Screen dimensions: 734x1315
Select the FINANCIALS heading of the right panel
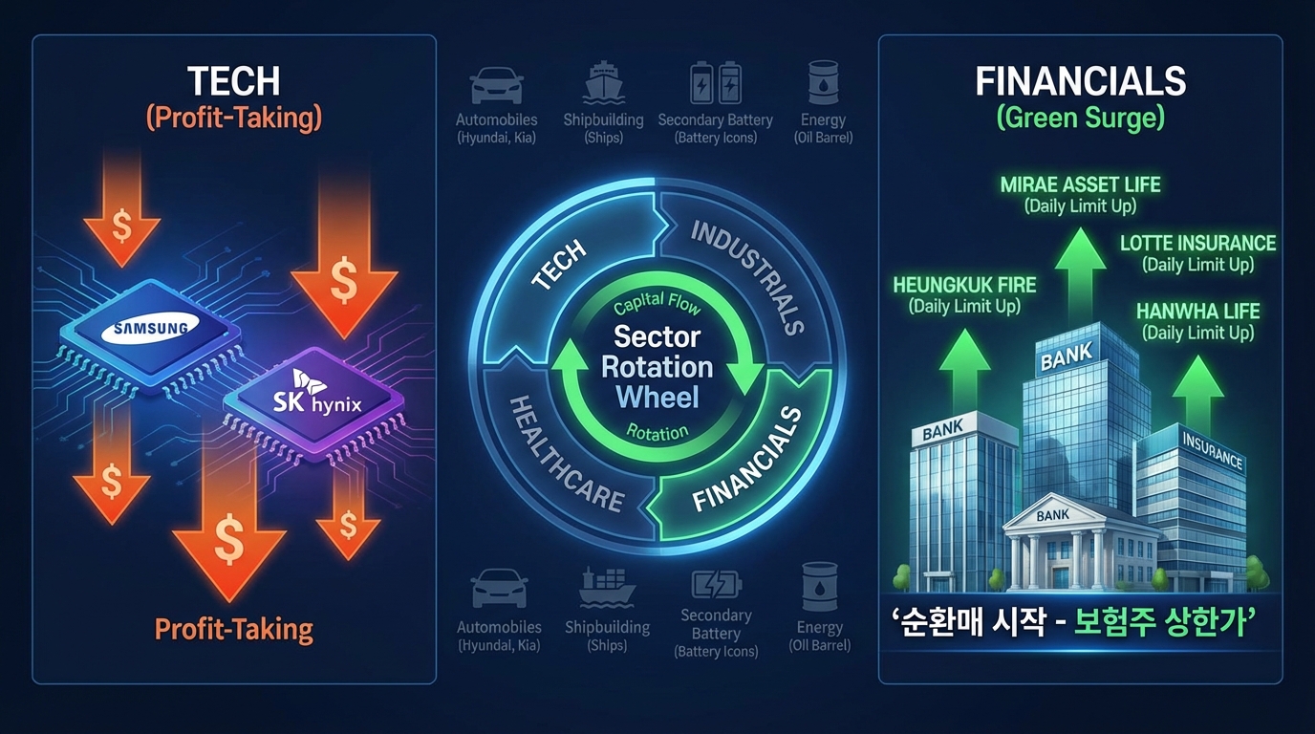tap(1080, 81)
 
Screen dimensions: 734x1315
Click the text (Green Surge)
tap(1080, 117)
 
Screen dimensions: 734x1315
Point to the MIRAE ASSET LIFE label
tap(1080, 184)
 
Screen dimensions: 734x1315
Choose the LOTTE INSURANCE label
tap(1197, 243)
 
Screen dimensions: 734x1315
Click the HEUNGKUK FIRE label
tap(964, 285)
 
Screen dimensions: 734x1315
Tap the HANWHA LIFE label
tap(1197, 312)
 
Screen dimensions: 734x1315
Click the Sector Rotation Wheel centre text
tap(657, 366)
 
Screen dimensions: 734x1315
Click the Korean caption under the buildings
tap(1080, 622)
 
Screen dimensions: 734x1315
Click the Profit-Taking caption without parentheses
tap(233, 629)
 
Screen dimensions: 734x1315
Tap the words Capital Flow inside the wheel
tap(657, 306)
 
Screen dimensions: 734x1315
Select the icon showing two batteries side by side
tap(716, 84)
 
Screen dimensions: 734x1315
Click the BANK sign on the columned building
tap(1052, 515)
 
